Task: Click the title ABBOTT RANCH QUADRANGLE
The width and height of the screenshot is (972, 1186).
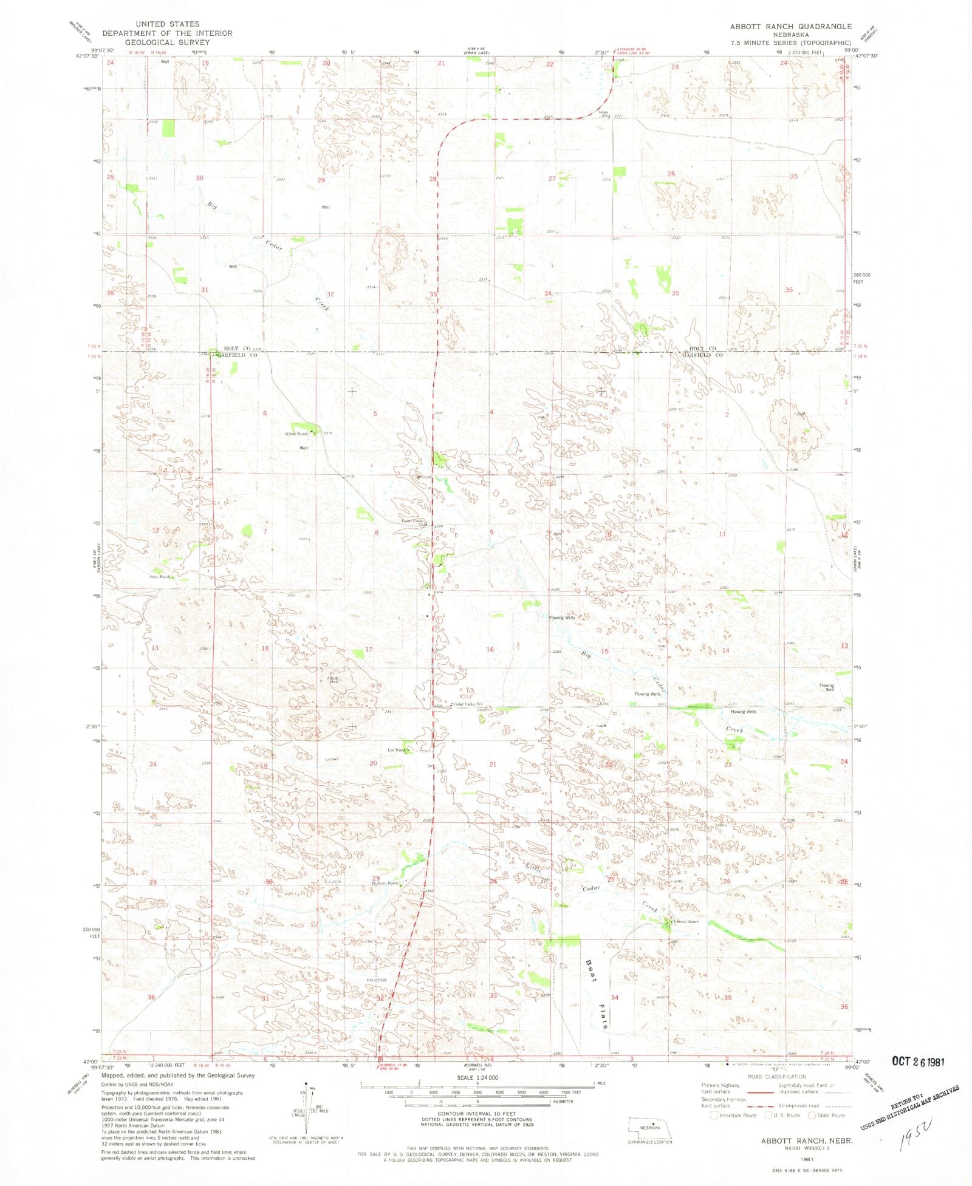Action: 790,27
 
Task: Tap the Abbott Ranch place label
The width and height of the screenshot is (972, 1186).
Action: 298,434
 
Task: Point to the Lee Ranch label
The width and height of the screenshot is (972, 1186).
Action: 397,750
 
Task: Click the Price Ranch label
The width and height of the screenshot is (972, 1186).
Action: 160,577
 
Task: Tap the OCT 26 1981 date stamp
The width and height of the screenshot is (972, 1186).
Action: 918,1061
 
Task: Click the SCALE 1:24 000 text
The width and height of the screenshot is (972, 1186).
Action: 477,1077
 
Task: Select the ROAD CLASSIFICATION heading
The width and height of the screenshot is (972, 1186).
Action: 776,1077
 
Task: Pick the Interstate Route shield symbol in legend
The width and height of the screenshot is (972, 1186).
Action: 714,1115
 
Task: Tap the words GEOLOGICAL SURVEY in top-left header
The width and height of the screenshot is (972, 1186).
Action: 167,42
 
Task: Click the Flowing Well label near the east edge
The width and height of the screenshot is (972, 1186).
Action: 826,687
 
